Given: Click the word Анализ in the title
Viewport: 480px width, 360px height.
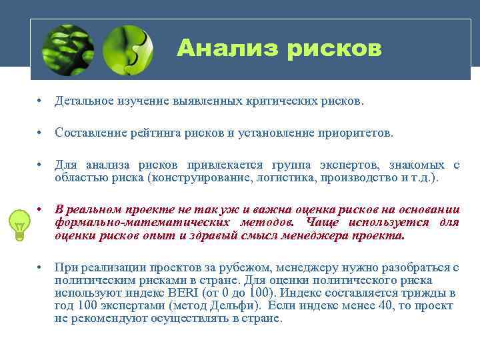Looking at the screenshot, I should pyautogui.click(x=217, y=48).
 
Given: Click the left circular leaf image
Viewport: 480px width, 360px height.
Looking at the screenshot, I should pyautogui.click(x=67, y=49).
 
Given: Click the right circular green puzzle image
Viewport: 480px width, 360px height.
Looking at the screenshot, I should pyautogui.click(x=127, y=49).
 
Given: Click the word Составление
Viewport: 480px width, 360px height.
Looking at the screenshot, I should pyautogui.click(x=90, y=133).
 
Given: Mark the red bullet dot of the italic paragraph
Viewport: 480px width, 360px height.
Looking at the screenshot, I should pyautogui.click(x=41, y=209).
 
